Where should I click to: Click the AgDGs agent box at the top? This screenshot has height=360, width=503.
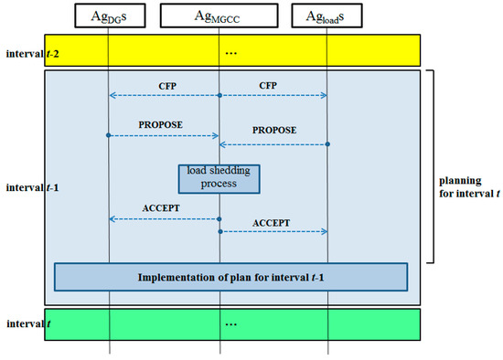(108, 16)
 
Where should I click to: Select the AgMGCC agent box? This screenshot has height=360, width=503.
(219, 16)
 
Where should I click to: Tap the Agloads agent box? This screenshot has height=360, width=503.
(327, 16)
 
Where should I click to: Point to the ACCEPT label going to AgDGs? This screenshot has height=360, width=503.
(162, 208)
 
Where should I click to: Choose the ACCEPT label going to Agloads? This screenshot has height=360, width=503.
(272, 222)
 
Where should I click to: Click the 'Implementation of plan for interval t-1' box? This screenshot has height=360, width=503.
(230, 277)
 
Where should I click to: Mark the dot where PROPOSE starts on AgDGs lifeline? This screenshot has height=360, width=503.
(109, 135)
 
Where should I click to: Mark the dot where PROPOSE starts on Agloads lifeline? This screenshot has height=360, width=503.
(327, 144)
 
